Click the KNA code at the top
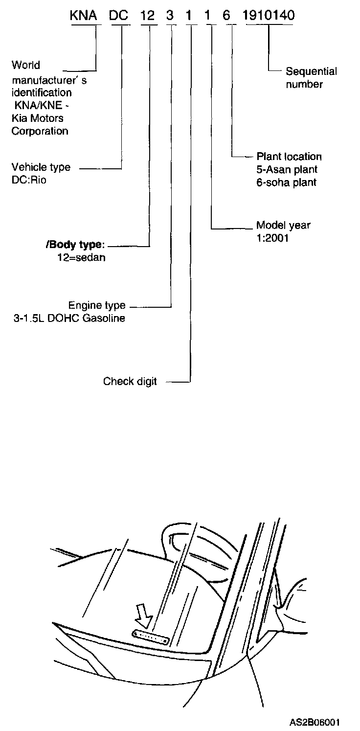click(83, 16)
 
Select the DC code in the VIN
click(118, 16)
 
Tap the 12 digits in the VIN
click(148, 16)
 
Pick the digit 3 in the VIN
click(170, 16)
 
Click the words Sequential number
click(311, 78)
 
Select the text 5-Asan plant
click(287, 170)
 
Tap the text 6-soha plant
click(287, 183)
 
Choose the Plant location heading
click(289, 157)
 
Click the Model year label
click(283, 226)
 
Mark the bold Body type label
click(75, 245)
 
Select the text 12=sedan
click(81, 257)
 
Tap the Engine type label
click(97, 306)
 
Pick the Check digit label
click(130, 381)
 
